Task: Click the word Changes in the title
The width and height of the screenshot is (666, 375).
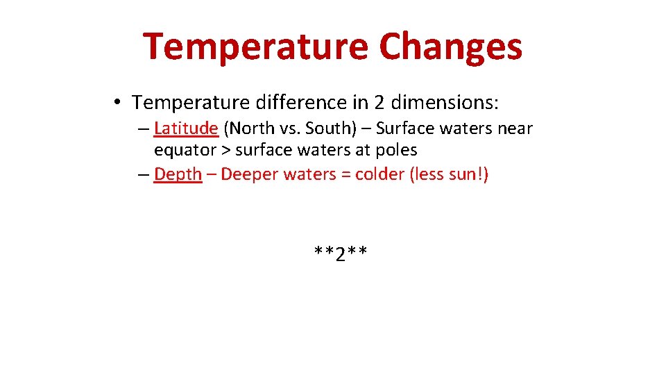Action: tap(451, 47)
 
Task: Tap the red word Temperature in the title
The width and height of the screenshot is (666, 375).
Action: tap(255, 47)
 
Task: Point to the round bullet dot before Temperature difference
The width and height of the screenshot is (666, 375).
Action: tap(119, 103)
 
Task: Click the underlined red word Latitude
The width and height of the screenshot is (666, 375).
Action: tap(186, 128)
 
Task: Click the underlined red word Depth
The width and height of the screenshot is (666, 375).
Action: tap(178, 174)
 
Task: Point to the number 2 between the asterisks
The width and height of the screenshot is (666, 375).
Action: tap(340, 255)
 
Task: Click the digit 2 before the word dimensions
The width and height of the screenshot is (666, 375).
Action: tap(379, 103)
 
